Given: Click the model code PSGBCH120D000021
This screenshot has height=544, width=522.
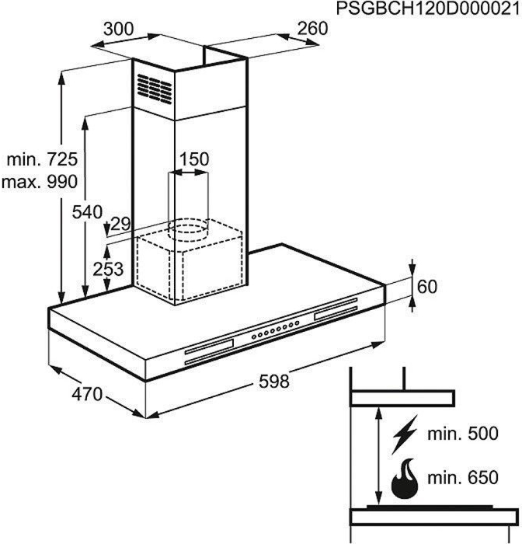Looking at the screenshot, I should pyautogui.click(x=428, y=9).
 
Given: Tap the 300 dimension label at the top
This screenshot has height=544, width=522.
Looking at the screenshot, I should pyautogui.click(x=119, y=29).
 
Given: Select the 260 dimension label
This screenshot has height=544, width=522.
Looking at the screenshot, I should pyautogui.click(x=312, y=29).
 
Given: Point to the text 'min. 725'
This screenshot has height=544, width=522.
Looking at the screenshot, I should pyautogui.click(x=42, y=160).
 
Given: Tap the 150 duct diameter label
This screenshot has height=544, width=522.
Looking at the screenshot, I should pyautogui.click(x=194, y=159).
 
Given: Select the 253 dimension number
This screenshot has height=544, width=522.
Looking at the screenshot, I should pyautogui.click(x=109, y=269).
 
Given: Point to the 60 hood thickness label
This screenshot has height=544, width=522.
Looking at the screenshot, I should pyautogui.click(x=427, y=286).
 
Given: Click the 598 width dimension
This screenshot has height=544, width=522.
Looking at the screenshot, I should pyautogui.click(x=273, y=382).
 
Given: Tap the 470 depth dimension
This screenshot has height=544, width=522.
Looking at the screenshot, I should pyautogui.click(x=87, y=394).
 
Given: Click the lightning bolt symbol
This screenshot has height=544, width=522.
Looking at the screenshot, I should pyautogui.click(x=405, y=436).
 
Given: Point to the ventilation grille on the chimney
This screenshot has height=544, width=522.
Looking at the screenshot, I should pyautogui.click(x=155, y=87).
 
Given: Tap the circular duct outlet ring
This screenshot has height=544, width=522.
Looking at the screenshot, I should pyautogui.click(x=189, y=228).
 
